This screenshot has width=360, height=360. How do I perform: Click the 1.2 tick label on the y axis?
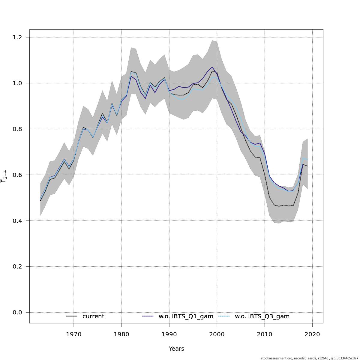click(x=18, y=37)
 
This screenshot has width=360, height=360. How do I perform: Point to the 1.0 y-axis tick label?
click(x=18, y=83)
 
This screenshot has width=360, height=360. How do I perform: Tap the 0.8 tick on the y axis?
click(x=18, y=129)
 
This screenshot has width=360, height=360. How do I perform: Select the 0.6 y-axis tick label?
click(x=18, y=175)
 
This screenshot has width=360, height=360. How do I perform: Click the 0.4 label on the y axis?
click(x=18, y=221)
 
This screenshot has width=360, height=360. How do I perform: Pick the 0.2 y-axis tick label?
click(x=18, y=267)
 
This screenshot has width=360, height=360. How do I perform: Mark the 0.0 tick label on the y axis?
click(x=18, y=313)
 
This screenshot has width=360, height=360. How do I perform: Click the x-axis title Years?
click(x=176, y=349)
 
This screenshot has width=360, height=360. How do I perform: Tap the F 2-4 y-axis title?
click(x=4, y=176)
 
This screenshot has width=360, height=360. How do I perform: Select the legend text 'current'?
click(x=93, y=316)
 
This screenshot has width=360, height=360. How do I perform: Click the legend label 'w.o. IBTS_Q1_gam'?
click(x=186, y=316)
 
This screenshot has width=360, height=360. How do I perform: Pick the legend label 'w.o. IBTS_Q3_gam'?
click(x=262, y=316)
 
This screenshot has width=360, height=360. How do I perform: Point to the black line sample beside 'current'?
click(x=72, y=316)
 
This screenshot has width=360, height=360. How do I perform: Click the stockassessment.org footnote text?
click(x=309, y=358)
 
